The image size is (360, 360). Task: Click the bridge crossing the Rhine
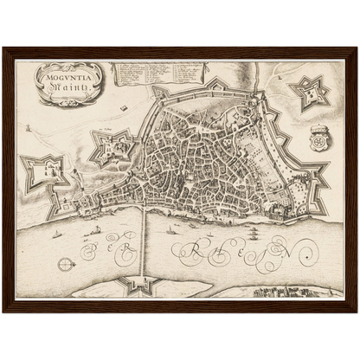tap(143, 247)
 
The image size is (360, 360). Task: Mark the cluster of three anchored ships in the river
tap(251, 231)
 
